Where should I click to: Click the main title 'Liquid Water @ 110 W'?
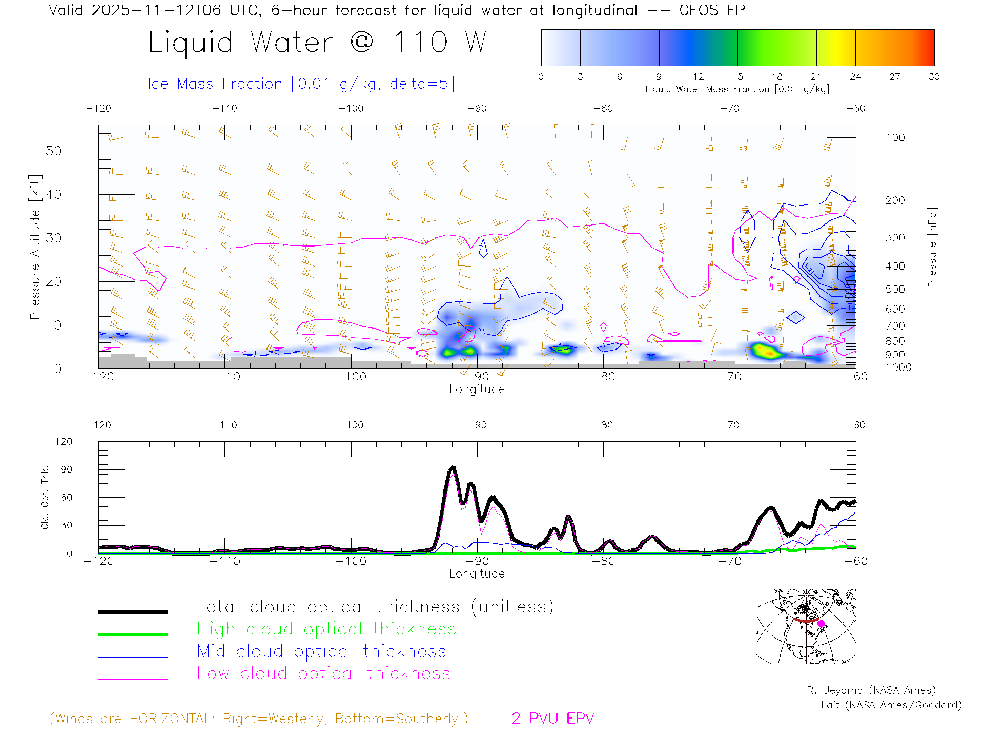(317, 42)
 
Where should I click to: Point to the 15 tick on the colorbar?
(737, 77)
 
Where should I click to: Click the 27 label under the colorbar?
(895, 77)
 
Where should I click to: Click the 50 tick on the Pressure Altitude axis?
(53, 151)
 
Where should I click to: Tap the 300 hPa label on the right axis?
(895, 238)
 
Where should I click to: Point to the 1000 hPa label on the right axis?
(898, 367)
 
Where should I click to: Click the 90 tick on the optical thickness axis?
(67, 469)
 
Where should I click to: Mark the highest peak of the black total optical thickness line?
(452, 467)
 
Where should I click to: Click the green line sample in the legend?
(133, 634)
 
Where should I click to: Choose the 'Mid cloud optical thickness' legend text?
(321, 651)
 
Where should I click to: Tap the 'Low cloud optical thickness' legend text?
(323, 673)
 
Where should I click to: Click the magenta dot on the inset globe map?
(821, 624)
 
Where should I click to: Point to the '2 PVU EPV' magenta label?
(552, 719)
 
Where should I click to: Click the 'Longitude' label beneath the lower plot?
(477, 574)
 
